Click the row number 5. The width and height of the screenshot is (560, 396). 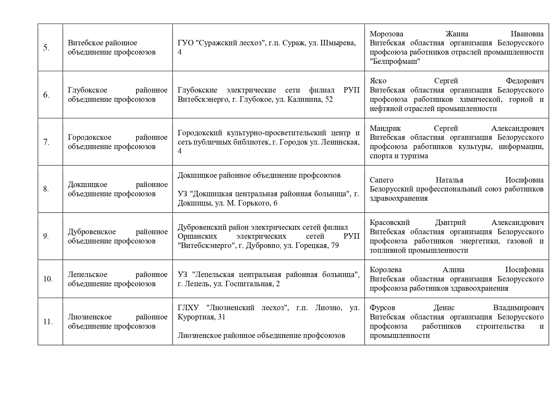pos(46,48)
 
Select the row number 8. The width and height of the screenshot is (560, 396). pos(46,189)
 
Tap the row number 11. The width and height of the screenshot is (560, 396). pos(48,322)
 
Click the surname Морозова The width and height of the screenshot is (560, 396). pos(386,34)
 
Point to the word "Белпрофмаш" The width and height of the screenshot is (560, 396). pos(395,62)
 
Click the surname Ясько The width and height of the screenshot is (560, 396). pos(378,81)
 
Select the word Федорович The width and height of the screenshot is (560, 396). pos(525,81)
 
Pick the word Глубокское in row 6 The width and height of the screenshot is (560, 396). pos(87,90)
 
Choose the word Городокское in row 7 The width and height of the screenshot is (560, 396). pos(90,138)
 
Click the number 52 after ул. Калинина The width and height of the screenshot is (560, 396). pos(329,100)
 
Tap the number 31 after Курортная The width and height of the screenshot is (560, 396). pos(221,317)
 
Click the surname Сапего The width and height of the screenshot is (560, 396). pos(382,180)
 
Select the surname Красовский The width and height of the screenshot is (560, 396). pos(390,223)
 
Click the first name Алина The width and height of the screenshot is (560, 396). pos(453,270)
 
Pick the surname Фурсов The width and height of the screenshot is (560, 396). pos(382,308)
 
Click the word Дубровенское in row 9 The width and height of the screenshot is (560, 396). pos(92,232)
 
